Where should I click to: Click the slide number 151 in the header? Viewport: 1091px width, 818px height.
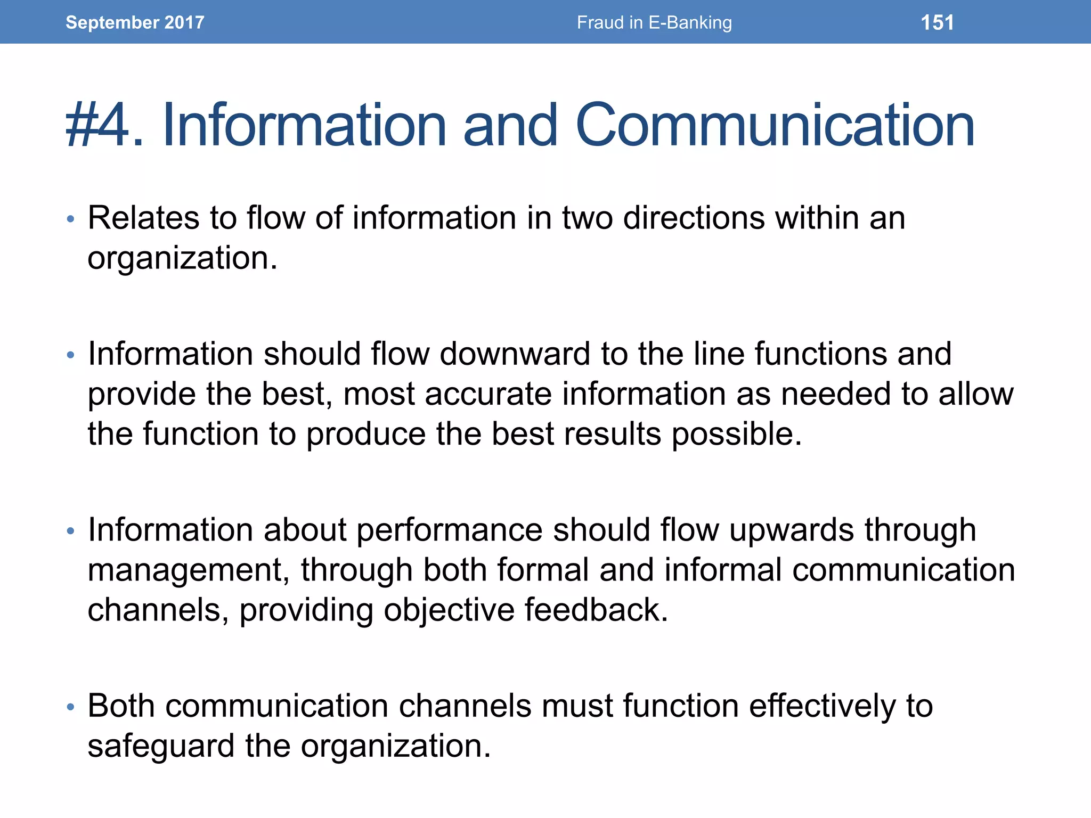tap(937, 23)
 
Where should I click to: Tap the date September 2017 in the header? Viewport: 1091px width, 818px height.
tap(135, 22)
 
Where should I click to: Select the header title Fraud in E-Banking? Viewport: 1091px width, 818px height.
tap(654, 23)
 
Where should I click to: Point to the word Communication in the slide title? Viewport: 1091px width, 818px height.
tap(775, 126)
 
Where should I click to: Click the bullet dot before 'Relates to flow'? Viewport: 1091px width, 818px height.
tap(70, 219)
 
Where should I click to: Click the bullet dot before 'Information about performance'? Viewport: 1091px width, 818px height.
tap(70, 531)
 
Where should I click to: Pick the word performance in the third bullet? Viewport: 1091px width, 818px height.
tap(449, 531)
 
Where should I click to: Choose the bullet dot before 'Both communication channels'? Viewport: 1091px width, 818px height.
tap(70, 707)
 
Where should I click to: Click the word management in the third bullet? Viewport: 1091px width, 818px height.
tap(184, 571)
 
